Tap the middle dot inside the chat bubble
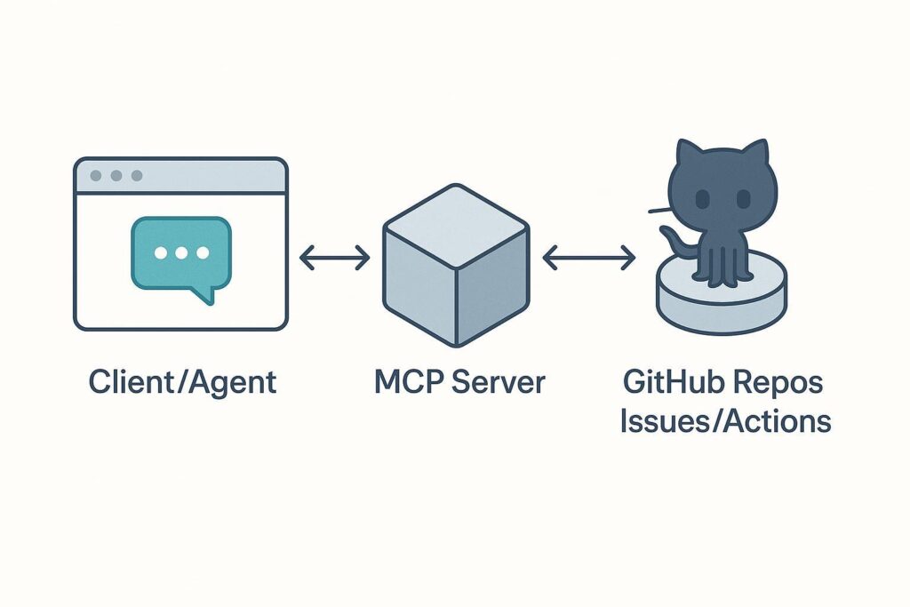click(181, 253)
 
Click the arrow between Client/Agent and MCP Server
click(334, 259)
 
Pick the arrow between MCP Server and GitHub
click(588, 259)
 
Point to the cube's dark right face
click(491, 285)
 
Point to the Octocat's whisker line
click(659, 211)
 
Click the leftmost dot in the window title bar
click(96, 176)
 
